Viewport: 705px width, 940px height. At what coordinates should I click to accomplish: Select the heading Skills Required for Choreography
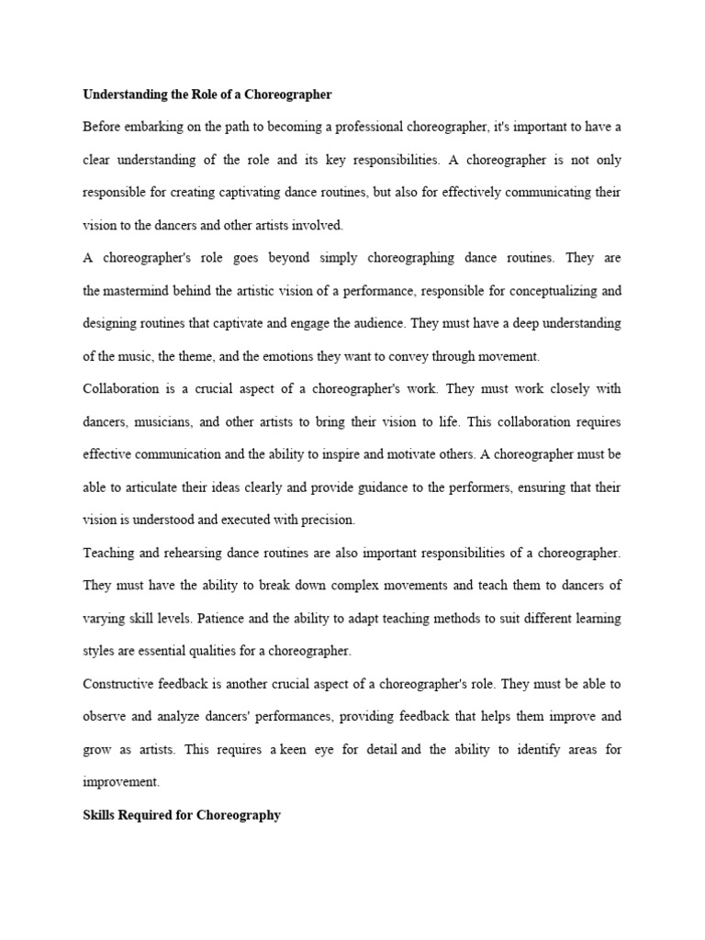coord(181,814)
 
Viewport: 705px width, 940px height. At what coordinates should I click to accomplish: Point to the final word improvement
coord(120,782)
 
